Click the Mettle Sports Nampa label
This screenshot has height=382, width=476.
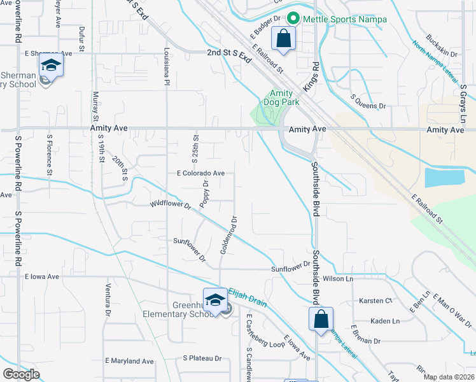[344, 19]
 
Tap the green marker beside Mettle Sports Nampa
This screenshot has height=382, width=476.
[293, 19]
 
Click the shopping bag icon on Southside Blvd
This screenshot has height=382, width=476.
[321, 318]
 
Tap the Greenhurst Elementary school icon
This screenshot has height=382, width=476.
[215, 300]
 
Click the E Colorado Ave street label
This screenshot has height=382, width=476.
[200, 173]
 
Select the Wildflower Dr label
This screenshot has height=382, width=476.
[171, 205]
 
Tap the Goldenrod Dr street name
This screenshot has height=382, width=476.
[228, 234]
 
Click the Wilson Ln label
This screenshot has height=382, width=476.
[338, 279]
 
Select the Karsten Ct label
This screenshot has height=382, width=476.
[376, 301]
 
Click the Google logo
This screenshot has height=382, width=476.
[22, 374]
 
